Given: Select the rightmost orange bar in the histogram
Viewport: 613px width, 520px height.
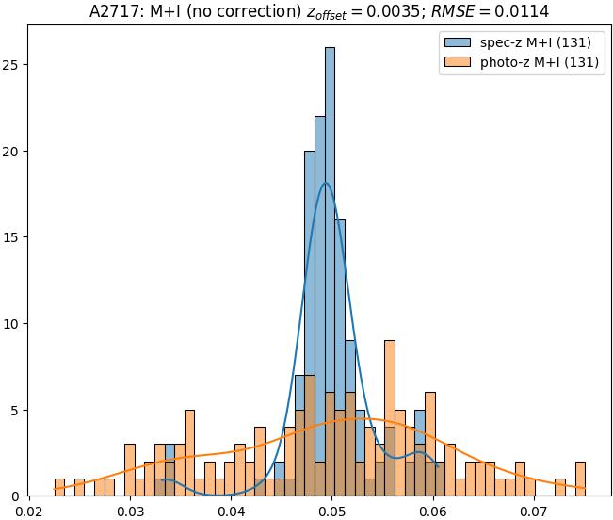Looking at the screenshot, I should pyautogui.click(x=580, y=479).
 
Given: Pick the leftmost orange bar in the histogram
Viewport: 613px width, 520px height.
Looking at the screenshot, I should pyautogui.click(x=59, y=487).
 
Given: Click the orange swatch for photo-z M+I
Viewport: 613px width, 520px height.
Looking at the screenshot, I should pyautogui.click(x=456, y=64).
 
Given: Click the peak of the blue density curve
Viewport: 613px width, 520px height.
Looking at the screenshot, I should pyautogui.click(x=326, y=183).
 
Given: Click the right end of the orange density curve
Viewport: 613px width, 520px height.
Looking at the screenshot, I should pyautogui.click(x=585, y=488).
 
